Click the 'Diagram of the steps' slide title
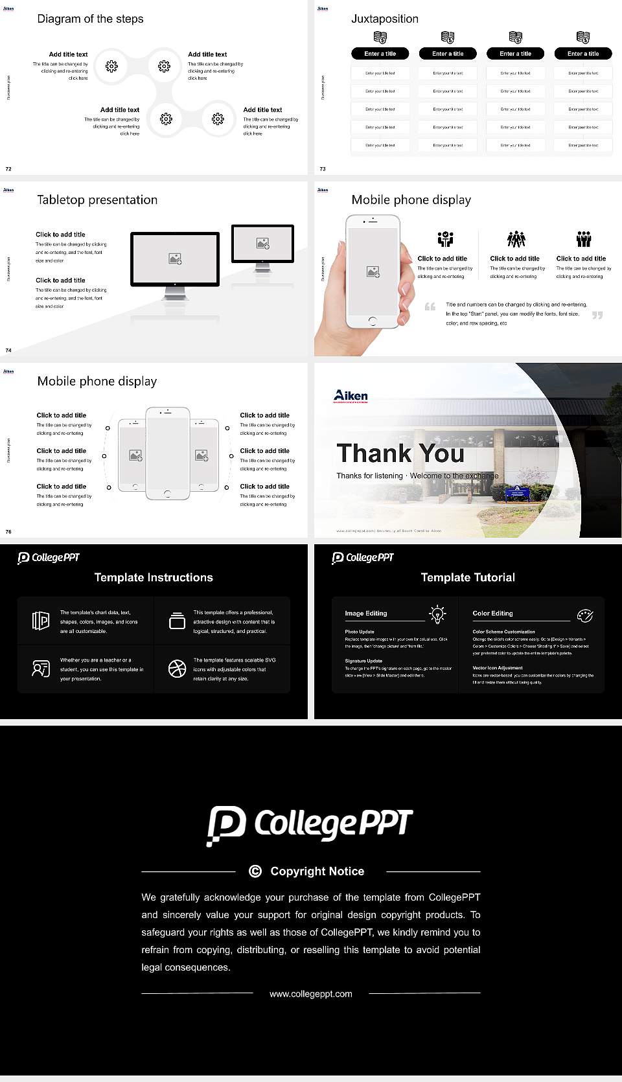click(90, 19)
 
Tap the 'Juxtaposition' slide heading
click(384, 19)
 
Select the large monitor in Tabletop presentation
click(175, 260)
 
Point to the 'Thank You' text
click(400, 454)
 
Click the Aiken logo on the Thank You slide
click(351, 395)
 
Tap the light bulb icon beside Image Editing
click(437, 614)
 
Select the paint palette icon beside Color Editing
click(584, 615)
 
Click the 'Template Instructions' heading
click(154, 577)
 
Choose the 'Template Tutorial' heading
click(468, 577)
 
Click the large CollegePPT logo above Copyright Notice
click(310, 825)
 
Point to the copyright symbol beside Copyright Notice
click(255, 871)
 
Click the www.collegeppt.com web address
click(311, 994)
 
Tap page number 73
click(323, 169)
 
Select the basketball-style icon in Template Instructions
click(177, 669)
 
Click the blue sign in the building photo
click(517, 493)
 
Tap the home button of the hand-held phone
click(372, 321)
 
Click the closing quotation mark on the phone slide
click(597, 315)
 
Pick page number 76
click(8, 532)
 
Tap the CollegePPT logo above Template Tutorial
click(363, 558)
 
